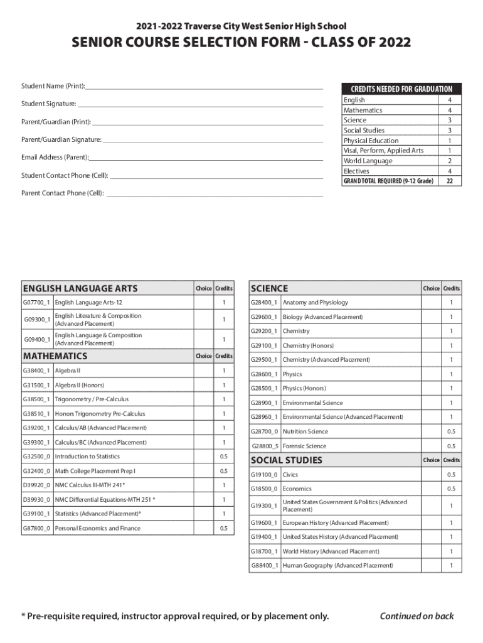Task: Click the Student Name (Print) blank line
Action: click(x=204, y=86)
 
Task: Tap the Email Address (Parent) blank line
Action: click(x=206, y=158)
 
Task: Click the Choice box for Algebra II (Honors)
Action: click(x=204, y=385)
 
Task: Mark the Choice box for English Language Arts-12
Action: click(x=204, y=303)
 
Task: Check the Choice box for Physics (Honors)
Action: click(x=431, y=388)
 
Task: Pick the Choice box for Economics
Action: click(x=431, y=489)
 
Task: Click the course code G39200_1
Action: click(x=36, y=428)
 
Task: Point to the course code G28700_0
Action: click(x=264, y=431)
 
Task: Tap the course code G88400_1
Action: click(x=264, y=566)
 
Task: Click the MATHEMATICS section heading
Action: click(x=55, y=356)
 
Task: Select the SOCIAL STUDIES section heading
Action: click(x=287, y=460)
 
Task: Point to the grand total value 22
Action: click(x=449, y=181)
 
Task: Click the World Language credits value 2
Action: click(x=449, y=161)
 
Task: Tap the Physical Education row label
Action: click(x=371, y=141)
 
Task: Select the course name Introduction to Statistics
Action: click(x=87, y=457)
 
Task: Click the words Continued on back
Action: click(x=417, y=616)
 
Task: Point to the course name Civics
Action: click(x=290, y=475)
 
